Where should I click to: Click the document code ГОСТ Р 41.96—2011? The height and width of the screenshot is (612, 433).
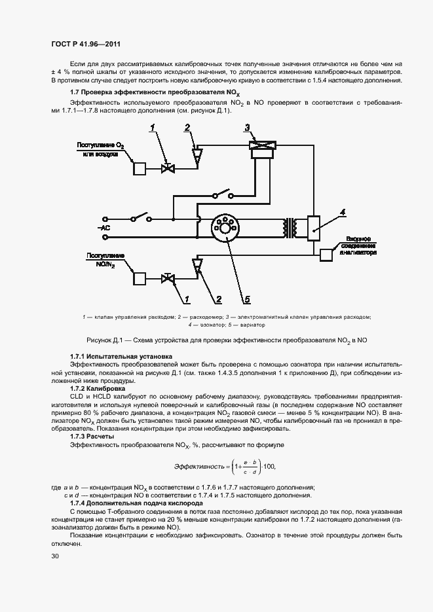pyautogui.click(x=86, y=45)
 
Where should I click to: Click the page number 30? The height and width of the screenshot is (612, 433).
pyautogui.click(x=55, y=556)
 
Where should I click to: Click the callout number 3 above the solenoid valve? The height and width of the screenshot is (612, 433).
pyautogui.click(x=247, y=127)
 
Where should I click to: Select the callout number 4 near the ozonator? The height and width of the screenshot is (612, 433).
pyautogui.click(x=342, y=211)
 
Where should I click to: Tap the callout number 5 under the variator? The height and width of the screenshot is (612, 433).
pyautogui.click(x=247, y=300)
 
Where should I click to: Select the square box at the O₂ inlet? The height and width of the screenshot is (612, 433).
pyautogui.click(x=140, y=168)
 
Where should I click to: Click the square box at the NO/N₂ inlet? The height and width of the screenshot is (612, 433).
pyautogui.click(x=140, y=278)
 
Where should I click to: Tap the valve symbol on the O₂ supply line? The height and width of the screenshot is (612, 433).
pyautogui.click(x=168, y=168)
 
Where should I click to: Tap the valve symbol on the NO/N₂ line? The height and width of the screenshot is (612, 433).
pyautogui.click(x=168, y=279)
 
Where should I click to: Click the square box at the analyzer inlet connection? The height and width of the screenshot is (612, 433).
pyautogui.click(x=326, y=255)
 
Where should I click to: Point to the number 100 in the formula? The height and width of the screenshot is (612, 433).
pyautogui.click(x=269, y=467)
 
